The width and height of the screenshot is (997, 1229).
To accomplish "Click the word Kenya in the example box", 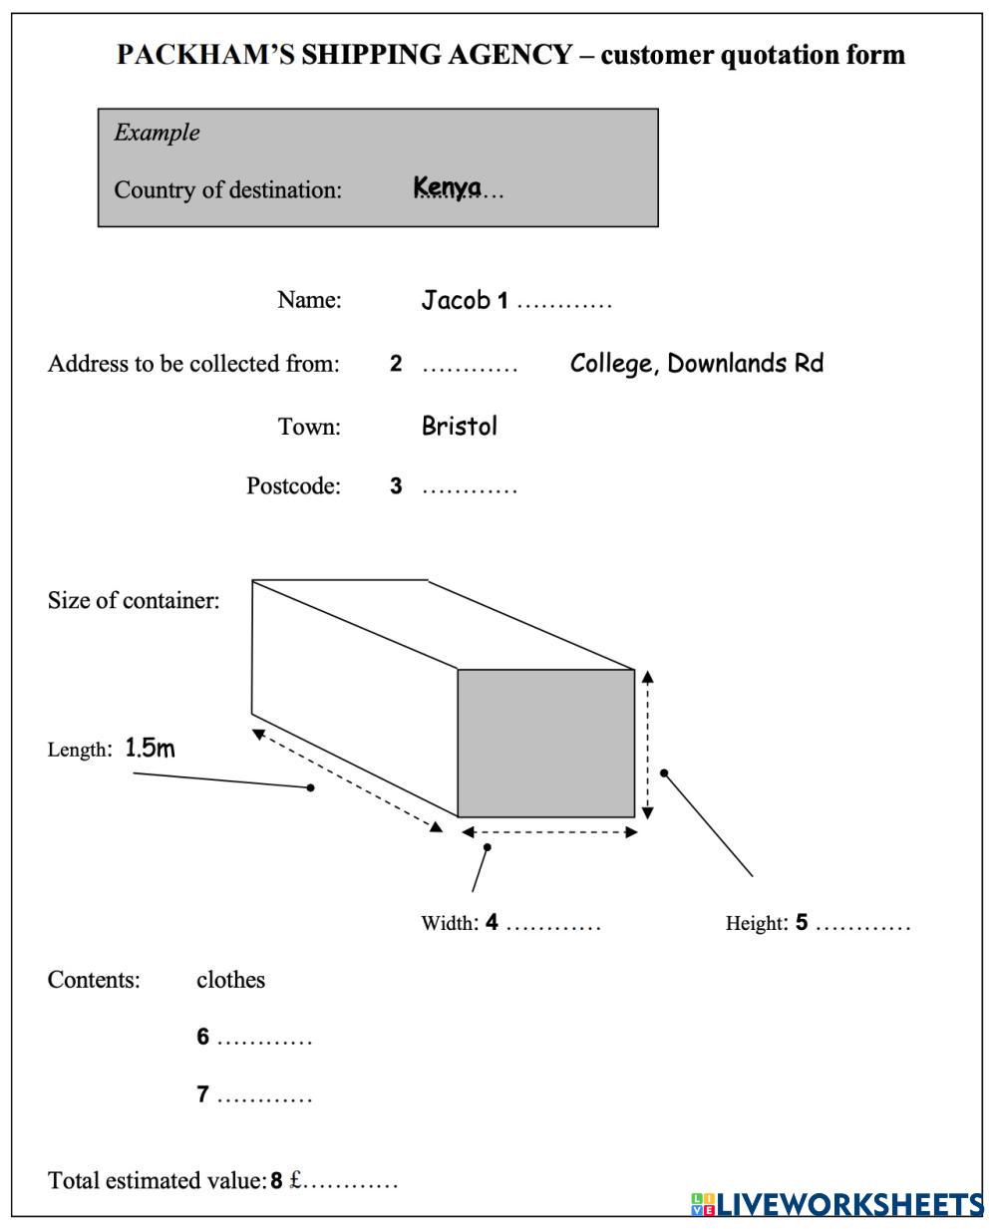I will (x=448, y=187).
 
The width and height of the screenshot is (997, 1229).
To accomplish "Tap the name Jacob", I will (x=456, y=300).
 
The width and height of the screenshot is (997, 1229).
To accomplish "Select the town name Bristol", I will (x=459, y=427).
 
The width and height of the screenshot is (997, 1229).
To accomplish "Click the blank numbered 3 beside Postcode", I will (x=470, y=488).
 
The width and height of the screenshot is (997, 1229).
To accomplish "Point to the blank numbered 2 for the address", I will (x=470, y=366).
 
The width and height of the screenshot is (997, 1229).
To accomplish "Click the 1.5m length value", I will (x=150, y=749).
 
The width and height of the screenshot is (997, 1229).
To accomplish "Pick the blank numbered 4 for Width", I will (x=553, y=925).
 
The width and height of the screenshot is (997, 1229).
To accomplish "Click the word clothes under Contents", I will (x=230, y=980).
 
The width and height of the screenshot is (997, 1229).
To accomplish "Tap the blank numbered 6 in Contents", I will (x=264, y=1040).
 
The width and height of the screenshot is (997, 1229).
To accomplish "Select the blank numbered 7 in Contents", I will (x=264, y=1097).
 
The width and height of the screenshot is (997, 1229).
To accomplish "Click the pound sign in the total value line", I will (x=295, y=1181).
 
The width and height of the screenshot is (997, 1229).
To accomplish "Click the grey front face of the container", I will (x=546, y=743).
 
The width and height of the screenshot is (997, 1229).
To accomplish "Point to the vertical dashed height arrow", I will (x=648, y=744).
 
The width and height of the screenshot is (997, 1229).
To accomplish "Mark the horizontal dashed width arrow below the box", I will (x=548, y=832).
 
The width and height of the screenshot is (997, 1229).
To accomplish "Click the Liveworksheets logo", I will (x=837, y=1204).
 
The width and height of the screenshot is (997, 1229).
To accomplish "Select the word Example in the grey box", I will (x=157, y=133).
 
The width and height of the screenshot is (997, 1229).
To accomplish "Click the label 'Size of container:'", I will (x=134, y=600).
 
